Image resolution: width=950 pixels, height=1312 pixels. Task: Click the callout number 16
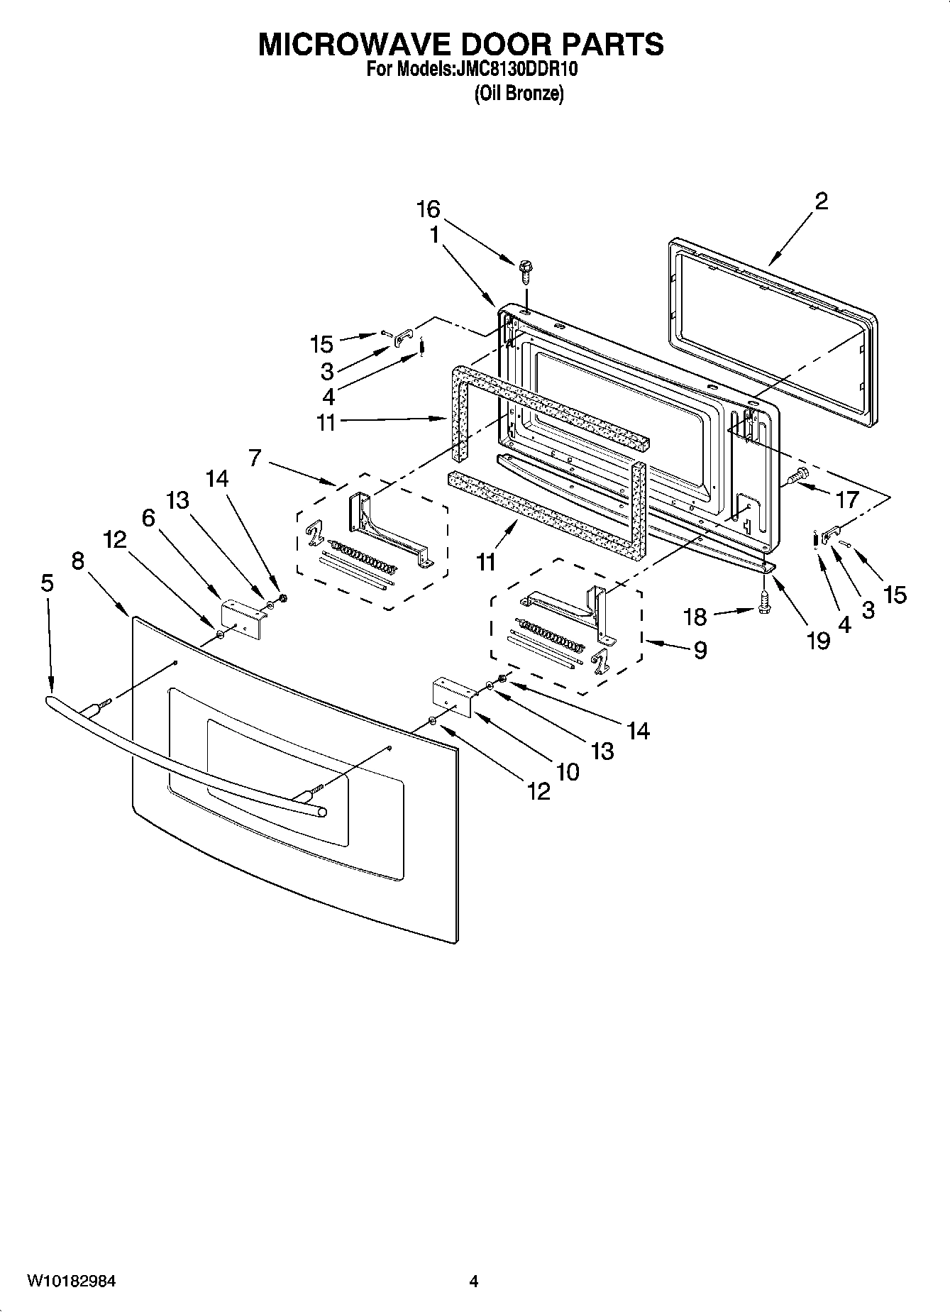(x=428, y=209)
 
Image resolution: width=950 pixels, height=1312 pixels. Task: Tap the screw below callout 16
(x=525, y=270)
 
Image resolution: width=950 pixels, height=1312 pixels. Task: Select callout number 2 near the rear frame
(x=821, y=202)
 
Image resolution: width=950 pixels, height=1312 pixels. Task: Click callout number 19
(x=818, y=641)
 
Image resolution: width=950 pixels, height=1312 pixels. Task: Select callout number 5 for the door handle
(x=47, y=583)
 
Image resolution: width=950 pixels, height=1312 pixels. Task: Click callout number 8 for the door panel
(x=78, y=561)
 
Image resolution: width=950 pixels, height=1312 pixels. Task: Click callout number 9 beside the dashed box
(x=700, y=650)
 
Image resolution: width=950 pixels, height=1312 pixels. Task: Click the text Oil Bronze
(x=519, y=94)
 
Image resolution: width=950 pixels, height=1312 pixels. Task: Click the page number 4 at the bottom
(x=474, y=1281)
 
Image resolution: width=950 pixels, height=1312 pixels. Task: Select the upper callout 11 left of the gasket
(x=326, y=422)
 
